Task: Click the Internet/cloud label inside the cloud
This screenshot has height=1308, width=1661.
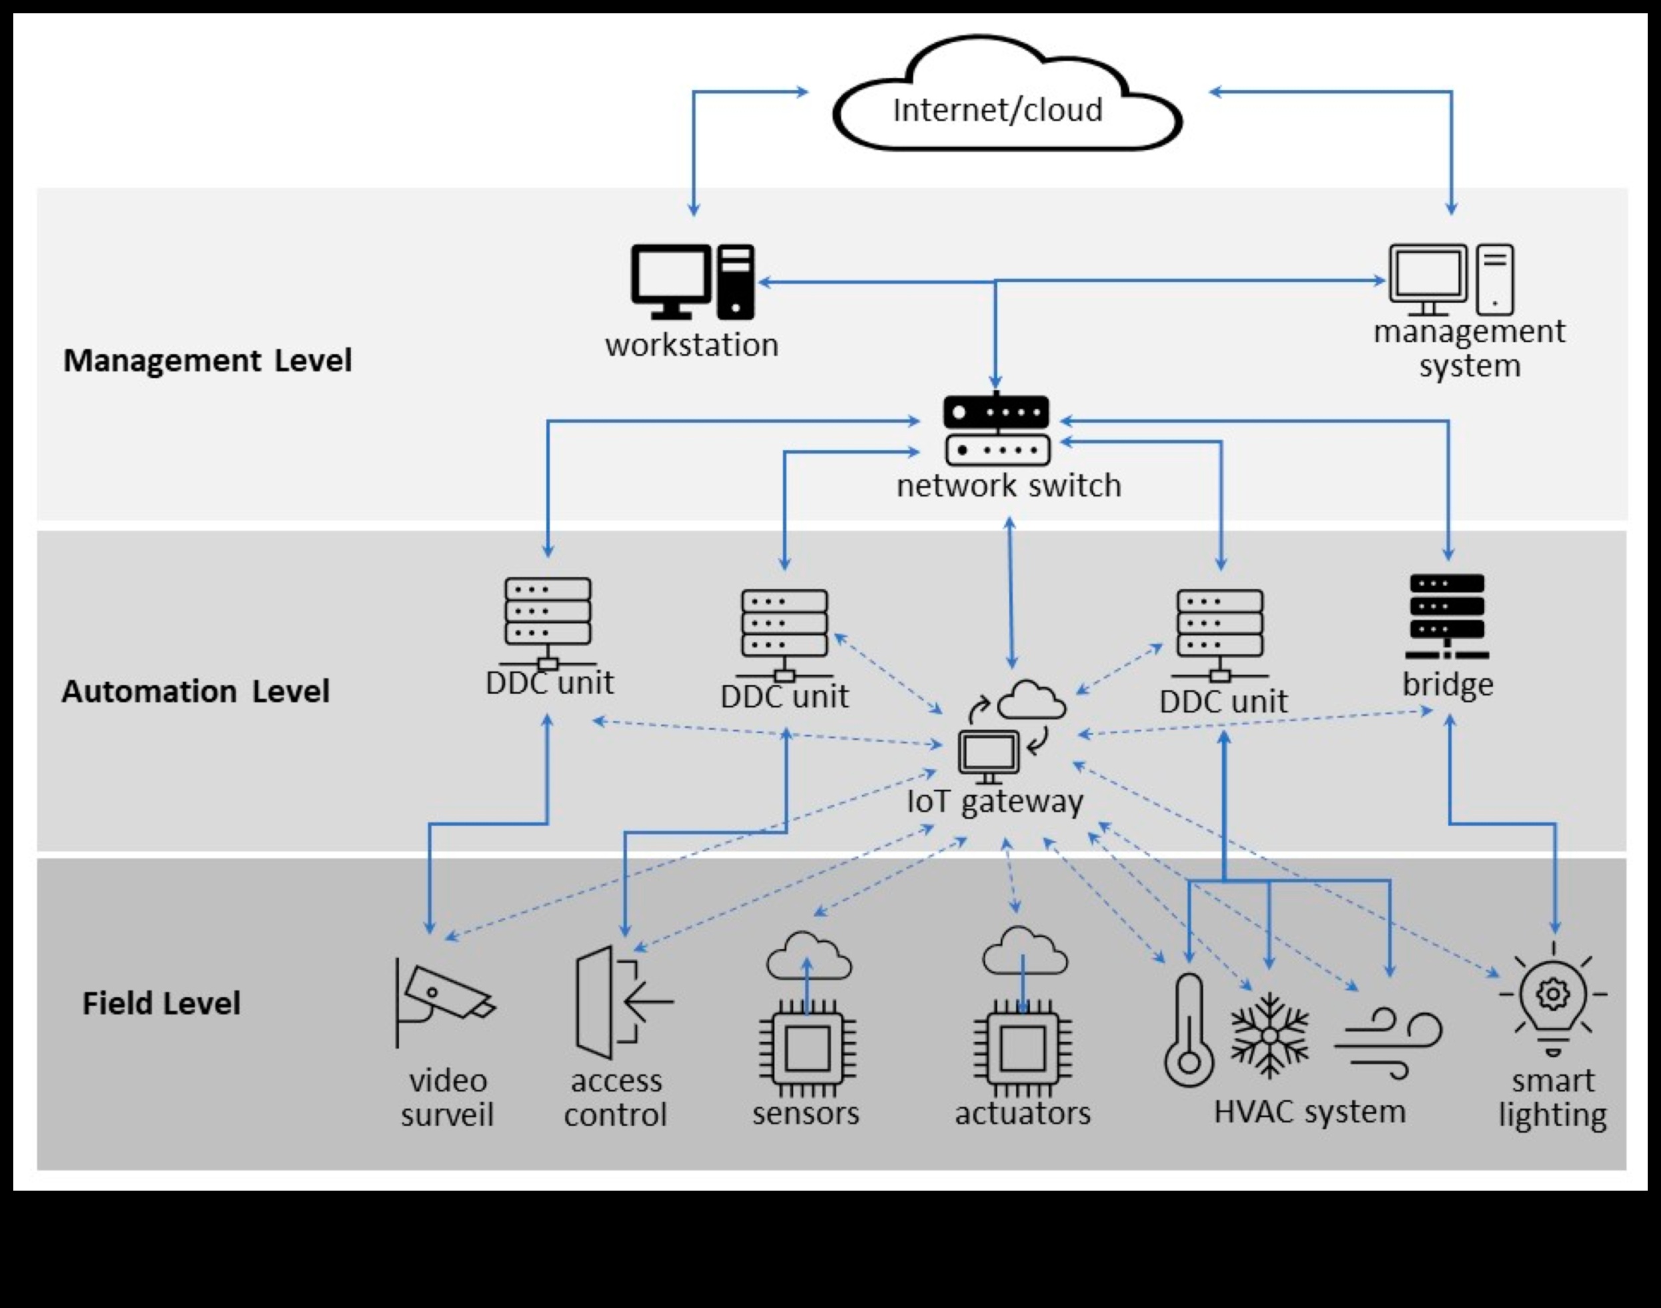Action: pos(997,110)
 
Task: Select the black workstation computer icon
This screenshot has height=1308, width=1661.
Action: pos(692,282)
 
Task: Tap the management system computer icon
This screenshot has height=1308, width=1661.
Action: pos(1451,279)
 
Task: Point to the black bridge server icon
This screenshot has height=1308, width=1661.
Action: pos(1447,616)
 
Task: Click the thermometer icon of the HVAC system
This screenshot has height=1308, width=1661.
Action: pos(1189,1030)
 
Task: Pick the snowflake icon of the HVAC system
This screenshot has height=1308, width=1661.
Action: pos(1269,1035)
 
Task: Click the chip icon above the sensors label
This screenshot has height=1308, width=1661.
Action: pos(807,1048)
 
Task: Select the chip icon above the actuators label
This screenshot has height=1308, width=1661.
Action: pos(1023,1048)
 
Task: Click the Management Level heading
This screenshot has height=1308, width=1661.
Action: pos(207,361)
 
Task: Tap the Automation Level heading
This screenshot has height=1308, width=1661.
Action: pos(195,692)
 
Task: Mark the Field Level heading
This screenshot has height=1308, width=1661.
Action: pos(161,1003)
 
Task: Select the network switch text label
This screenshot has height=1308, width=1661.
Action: pos(1009,486)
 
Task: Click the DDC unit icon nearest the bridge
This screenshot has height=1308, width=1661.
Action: pos(1220,635)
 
